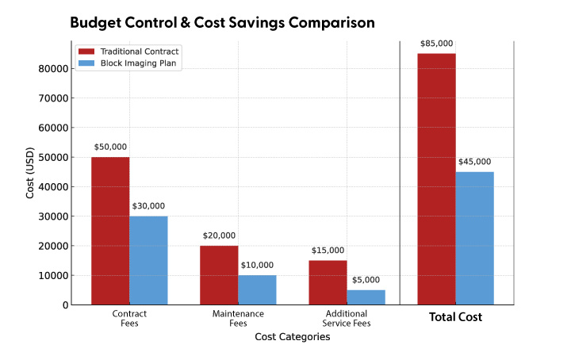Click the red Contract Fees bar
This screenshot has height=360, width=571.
click(110, 231)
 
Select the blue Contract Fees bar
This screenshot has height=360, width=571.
click(148, 260)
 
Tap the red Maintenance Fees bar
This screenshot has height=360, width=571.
click(219, 275)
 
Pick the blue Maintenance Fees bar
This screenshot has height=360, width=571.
click(257, 289)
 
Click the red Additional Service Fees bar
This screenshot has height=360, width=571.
click(328, 282)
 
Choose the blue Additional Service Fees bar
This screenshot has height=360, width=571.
click(366, 297)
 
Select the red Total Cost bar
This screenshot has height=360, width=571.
click(436, 179)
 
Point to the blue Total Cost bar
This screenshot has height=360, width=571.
click(474, 238)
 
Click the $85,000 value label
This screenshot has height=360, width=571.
click(436, 44)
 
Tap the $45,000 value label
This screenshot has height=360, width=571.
click(474, 162)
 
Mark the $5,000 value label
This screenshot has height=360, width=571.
click(366, 280)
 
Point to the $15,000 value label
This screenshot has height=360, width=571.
click(328, 251)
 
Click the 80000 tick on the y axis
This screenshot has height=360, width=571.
click(52, 69)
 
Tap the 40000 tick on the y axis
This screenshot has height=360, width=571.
click(52, 187)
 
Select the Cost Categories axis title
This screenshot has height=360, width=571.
click(292, 337)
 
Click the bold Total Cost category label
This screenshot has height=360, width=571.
click(455, 317)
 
